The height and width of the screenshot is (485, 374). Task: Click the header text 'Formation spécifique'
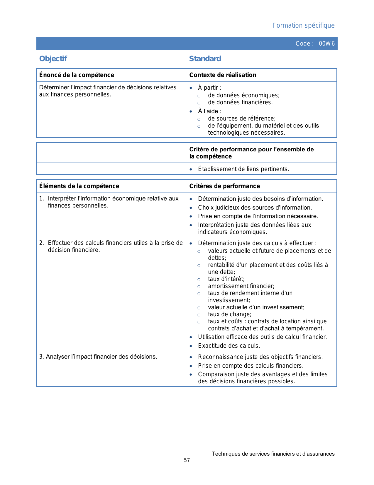(x=303, y=26)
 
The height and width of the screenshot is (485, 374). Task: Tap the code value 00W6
(x=326, y=44)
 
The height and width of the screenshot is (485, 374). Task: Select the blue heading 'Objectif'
(x=53, y=59)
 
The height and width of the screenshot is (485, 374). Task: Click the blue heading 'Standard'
(x=205, y=59)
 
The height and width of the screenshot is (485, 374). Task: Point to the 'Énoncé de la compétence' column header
(x=77, y=75)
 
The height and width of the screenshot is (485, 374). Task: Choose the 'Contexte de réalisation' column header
(x=223, y=75)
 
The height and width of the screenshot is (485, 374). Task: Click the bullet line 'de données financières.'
(x=240, y=103)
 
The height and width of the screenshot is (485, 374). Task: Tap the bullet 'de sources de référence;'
(x=242, y=119)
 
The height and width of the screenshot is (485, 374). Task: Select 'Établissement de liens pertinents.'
(x=243, y=169)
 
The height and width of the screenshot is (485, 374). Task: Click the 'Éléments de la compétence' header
(x=79, y=186)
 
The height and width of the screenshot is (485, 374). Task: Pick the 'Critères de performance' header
(x=224, y=186)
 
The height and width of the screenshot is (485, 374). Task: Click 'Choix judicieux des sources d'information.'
(x=255, y=208)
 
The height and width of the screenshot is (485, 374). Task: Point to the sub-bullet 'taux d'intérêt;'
(x=226, y=279)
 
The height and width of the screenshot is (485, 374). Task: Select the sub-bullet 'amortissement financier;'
(x=241, y=286)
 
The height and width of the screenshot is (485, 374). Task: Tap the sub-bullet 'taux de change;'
(x=230, y=314)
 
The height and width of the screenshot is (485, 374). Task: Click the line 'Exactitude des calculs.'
(x=229, y=346)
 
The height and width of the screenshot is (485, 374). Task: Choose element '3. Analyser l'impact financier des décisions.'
(x=98, y=357)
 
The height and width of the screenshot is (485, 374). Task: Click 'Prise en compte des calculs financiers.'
(x=251, y=366)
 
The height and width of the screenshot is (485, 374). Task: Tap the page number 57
(x=187, y=460)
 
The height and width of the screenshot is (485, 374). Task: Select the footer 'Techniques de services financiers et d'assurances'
(x=273, y=454)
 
